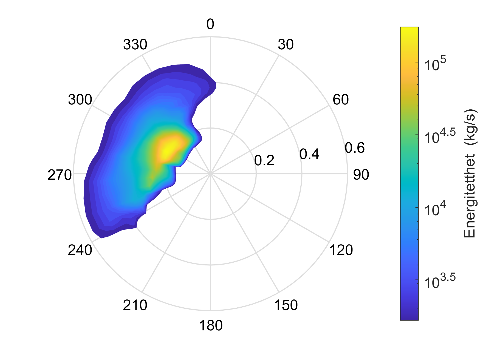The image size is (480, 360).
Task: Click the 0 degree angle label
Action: (210, 24)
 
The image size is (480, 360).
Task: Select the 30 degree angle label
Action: (286, 44)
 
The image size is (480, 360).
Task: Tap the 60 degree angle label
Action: (341, 100)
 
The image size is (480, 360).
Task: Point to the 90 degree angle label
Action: (361, 175)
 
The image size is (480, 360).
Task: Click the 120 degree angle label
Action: (341, 250)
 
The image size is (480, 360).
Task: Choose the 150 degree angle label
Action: (286, 305)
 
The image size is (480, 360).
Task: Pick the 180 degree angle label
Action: (211, 326)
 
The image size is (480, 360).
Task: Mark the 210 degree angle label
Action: (135, 305)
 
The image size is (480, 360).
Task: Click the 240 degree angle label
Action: (80, 250)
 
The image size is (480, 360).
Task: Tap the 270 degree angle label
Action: (60, 175)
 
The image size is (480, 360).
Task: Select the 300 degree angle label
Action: (80, 100)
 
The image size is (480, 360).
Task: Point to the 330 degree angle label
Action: (135, 44)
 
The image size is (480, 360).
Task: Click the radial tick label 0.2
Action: (264, 161)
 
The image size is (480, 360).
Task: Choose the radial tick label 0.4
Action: (309, 154)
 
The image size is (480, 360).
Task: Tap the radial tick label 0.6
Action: (355, 148)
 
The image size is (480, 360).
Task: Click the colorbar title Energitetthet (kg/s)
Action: (470, 173)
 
